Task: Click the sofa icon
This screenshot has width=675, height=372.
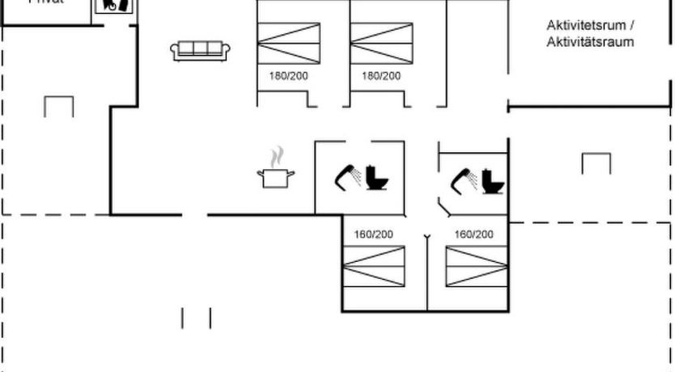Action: coord(202,50)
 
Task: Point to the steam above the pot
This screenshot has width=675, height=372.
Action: coord(278,154)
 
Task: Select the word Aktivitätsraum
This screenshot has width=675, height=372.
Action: coord(590,42)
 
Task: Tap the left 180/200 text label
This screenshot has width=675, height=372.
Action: coord(289,76)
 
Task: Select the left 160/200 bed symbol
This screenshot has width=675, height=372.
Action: coord(373,265)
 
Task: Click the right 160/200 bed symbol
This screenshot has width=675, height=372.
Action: coord(476,265)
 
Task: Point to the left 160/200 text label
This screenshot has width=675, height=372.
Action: coord(373,235)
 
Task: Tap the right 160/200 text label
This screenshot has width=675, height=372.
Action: coord(474,235)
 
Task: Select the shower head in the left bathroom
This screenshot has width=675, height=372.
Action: coord(348,175)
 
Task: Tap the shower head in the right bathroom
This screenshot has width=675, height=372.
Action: coord(464,177)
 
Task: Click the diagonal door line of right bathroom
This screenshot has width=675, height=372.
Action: coord(446,209)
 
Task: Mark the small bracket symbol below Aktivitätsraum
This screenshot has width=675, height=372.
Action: coord(596,163)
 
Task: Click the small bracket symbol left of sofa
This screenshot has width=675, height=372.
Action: coord(59,106)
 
